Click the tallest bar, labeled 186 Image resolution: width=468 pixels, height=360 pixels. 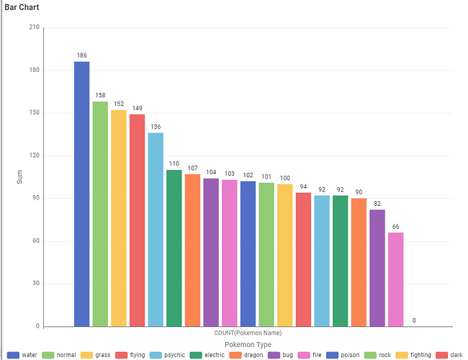[81, 194]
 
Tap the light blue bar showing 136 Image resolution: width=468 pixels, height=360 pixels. [156, 230]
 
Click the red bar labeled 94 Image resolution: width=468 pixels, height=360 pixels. [304, 259]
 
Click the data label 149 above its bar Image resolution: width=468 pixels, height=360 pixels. [137, 109]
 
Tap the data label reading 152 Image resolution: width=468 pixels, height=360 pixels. [118, 104]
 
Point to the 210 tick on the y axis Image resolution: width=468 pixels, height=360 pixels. [34, 27]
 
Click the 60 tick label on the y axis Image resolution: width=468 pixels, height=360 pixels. [35, 241]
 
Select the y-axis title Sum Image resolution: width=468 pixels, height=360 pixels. [19, 177]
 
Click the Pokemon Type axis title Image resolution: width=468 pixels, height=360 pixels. [248, 345]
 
